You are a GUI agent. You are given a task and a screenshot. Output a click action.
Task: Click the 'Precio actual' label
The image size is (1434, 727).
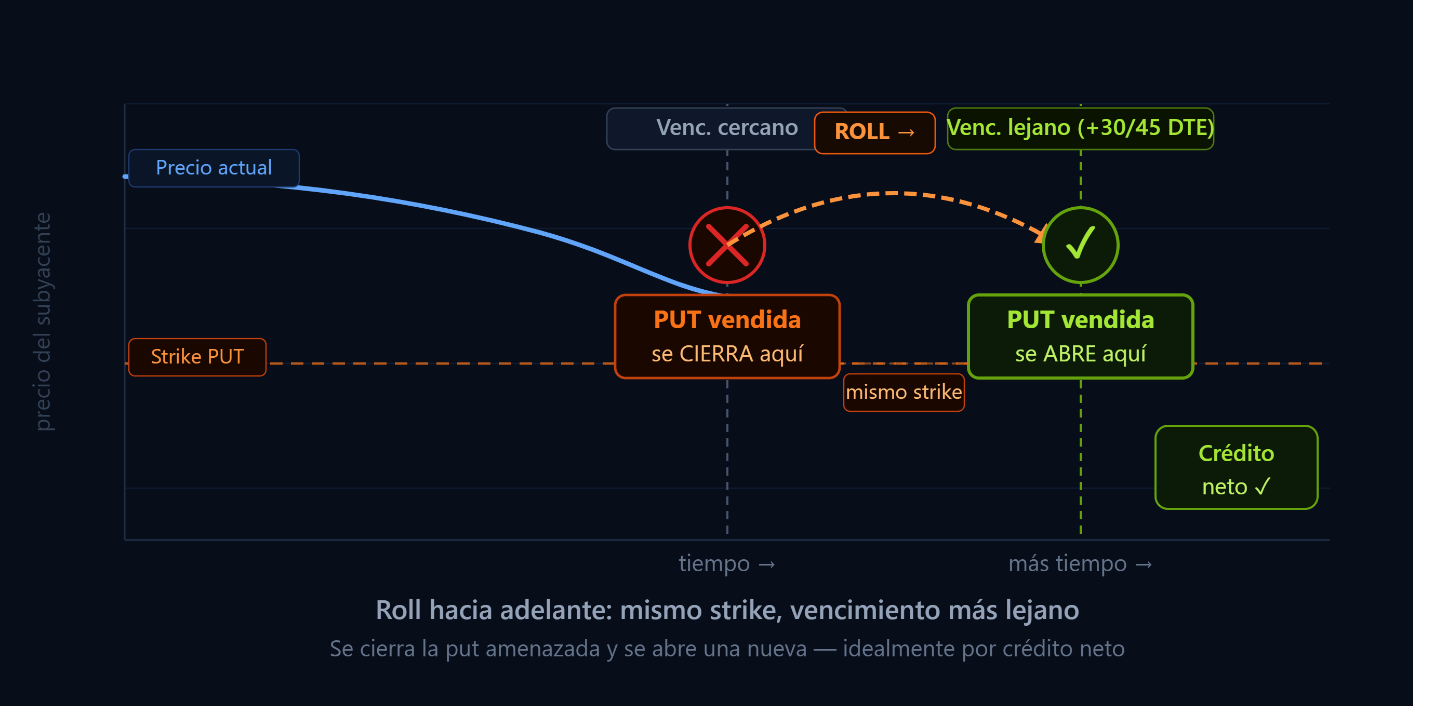click(214, 168)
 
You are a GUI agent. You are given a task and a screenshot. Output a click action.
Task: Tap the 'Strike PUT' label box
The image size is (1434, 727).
click(197, 357)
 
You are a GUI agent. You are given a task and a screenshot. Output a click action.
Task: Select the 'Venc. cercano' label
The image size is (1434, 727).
click(726, 128)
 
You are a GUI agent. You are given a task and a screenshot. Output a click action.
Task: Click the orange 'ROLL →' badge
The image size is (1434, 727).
click(874, 132)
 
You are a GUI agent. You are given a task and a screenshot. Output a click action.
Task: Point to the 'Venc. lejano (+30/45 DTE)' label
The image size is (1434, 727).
click(1080, 128)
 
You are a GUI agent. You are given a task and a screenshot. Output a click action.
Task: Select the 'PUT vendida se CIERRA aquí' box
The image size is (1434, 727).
click(727, 336)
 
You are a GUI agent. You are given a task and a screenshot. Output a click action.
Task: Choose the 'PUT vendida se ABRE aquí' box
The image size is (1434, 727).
click(1080, 336)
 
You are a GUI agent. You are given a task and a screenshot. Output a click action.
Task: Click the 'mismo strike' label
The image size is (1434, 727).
click(904, 392)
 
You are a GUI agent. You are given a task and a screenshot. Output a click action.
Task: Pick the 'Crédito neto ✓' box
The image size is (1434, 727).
click(1236, 467)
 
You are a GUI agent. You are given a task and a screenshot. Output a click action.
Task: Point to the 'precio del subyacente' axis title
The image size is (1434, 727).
click(43, 321)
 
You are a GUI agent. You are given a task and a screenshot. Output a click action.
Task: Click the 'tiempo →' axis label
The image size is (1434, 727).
click(726, 563)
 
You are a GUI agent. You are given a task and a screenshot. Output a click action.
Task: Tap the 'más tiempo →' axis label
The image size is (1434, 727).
click(1080, 563)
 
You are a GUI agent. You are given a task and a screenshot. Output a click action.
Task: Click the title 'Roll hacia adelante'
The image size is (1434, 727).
click(727, 610)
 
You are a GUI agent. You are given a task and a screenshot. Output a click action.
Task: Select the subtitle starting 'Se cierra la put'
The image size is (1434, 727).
click(727, 649)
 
